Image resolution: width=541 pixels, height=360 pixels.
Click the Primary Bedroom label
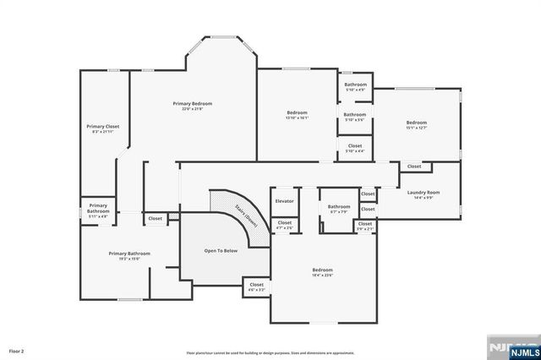click(x=193, y=103)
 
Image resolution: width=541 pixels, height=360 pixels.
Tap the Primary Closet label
click(x=106, y=127)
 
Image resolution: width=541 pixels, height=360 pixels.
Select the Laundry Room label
click(x=424, y=192)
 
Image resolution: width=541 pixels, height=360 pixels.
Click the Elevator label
click(x=285, y=200)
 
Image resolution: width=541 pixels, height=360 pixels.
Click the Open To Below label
click(x=221, y=250)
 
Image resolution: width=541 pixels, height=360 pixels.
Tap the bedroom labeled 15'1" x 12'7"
click(x=423, y=123)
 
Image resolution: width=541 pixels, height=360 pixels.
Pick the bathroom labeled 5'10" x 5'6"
click(x=355, y=116)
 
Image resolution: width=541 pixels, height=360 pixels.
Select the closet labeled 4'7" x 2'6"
click(x=285, y=224)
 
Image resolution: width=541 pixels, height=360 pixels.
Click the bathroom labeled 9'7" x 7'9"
click(x=339, y=208)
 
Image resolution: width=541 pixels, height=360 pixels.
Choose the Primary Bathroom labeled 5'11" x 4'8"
click(x=98, y=209)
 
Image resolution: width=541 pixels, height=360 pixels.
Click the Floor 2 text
click(x=17, y=350)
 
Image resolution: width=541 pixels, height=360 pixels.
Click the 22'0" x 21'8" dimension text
click(x=193, y=109)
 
